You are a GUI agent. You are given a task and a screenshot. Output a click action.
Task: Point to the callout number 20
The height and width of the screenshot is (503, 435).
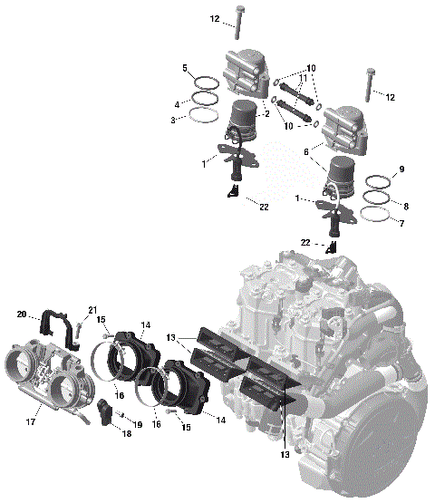pos(22,314)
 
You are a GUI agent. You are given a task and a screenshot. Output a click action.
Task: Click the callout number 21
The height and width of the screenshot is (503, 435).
pos(92,312)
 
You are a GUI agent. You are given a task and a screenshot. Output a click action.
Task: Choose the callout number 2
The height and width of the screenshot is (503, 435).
pos(267,115)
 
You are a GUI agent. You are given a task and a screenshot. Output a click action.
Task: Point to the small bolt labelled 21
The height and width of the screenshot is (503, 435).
pos(80,330)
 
